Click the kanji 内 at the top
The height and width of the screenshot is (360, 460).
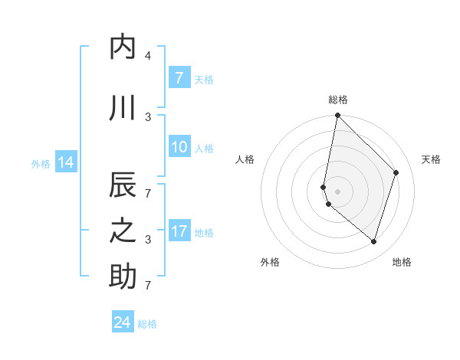point(123,47)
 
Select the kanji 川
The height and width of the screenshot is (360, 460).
point(123,108)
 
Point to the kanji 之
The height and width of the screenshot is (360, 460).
point(123,231)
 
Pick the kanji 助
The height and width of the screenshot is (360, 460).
point(123,277)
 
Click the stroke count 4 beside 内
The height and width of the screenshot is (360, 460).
point(148,56)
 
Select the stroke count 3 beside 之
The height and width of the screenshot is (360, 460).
point(148,240)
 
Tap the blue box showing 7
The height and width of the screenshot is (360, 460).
point(179,77)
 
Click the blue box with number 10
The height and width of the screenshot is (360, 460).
point(179,147)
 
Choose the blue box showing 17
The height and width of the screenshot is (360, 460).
point(179,231)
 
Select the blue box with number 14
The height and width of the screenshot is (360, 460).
point(65,162)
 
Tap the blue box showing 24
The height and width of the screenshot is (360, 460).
point(123,322)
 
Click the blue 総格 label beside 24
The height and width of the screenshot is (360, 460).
point(147,324)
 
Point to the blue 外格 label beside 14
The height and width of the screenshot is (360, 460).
point(41,163)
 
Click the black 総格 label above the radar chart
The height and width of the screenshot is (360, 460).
point(338,100)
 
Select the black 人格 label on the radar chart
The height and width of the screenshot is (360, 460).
point(245,159)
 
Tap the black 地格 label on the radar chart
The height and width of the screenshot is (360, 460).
point(402,262)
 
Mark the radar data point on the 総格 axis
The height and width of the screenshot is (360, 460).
point(337,116)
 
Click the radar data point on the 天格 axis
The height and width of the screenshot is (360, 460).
point(396,172)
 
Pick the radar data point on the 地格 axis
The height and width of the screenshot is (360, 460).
point(373,241)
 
